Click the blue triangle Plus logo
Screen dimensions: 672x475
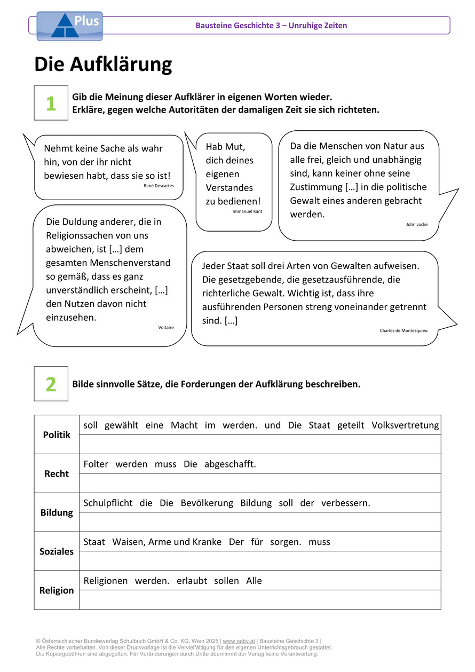pos(69,26)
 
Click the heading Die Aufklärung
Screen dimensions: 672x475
pos(103,65)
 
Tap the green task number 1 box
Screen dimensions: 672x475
pos(51,103)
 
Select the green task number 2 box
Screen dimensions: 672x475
pos(51,384)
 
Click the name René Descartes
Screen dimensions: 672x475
pos(159,186)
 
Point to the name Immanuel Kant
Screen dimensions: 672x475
pos(247,211)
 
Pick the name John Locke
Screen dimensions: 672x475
pos(417,224)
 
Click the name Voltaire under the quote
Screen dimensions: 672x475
pos(166,327)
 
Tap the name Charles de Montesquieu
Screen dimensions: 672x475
pos(403,330)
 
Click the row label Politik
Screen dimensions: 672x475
pos(57,435)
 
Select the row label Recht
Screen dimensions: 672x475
pos(57,474)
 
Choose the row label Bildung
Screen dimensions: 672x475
pos(57,513)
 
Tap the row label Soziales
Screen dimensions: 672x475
pos(57,552)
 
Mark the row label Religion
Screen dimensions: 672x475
pos(57,590)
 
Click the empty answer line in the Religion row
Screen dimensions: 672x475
pos(260,600)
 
